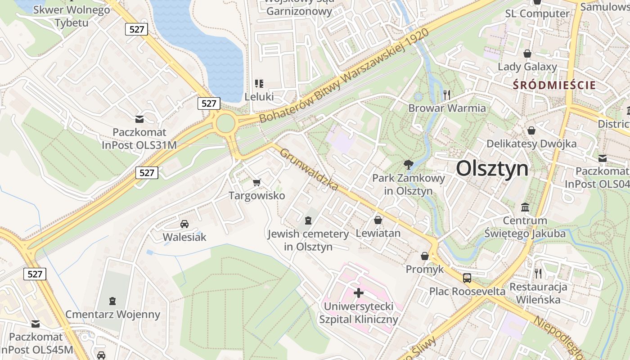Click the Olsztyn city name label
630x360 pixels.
click(x=492, y=169)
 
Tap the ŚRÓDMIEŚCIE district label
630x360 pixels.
click(x=554, y=85)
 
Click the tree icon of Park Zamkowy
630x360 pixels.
click(x=409, y=165)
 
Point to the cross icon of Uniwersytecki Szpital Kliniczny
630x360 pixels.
click(x=359, y=293)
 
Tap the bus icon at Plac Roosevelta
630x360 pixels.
click(x=467, y=278)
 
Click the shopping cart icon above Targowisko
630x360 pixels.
click(x=256, y=182)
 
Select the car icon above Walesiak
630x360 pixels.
click(x=184, y=224)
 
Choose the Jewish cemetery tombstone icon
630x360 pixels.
click(x=308, y=220)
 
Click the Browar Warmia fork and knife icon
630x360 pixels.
click(x=447, y=94)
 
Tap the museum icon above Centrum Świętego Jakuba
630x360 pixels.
click(x=525, y=207)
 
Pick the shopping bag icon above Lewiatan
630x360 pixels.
click(x=378, y=220)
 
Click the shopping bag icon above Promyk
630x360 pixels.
click(x=424, y=256)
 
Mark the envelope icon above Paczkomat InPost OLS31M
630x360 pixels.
click(x=139, y=119)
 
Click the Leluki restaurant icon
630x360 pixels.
click(x=259, y=83)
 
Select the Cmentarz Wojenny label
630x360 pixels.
click(x=112, y=314)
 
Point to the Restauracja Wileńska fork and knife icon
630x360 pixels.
click(x=538, y=273)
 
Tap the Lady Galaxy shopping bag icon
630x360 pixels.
click(x=527, y=54)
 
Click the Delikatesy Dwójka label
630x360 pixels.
click(x=531, y=144)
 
